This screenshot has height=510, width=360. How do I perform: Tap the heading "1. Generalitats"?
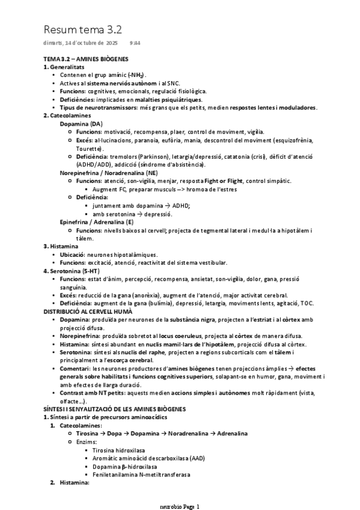coord(67,67)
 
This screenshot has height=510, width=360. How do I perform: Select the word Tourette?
coord(89,148)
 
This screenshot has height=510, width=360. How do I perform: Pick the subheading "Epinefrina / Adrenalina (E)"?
coord(96,221)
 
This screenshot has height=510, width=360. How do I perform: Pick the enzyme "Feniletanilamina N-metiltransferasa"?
coord(141,474)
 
